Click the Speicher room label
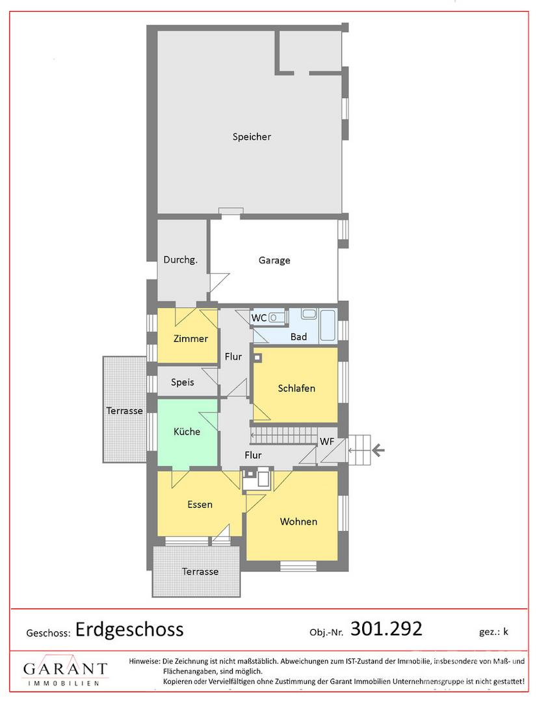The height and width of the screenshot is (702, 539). click(252, 137)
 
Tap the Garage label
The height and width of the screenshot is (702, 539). click(274, 260)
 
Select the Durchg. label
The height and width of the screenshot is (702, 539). click(180, 259)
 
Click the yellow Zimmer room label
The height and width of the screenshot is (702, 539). click(191, 339)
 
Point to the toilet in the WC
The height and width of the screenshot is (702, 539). click(277, 317)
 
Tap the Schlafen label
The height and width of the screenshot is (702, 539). click(296, 388)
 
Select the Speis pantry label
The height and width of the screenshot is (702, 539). click(183, 382)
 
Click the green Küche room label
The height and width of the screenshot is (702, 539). click(187, 432)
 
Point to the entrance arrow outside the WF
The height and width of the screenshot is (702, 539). click(378, 450)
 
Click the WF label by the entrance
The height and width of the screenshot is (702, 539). click(327, 441)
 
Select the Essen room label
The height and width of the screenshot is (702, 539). click(200, 504)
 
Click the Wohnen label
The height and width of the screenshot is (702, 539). click(298, 521)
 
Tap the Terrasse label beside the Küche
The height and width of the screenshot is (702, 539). click(124, 411)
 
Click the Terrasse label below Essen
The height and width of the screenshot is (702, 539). click(200, 572)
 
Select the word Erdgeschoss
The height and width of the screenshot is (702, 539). click(129, 629)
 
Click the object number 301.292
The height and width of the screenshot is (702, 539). click(386, 629)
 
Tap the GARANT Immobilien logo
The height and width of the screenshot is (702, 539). click(66, 671)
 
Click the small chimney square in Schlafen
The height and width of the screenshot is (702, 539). click(257, 357)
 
